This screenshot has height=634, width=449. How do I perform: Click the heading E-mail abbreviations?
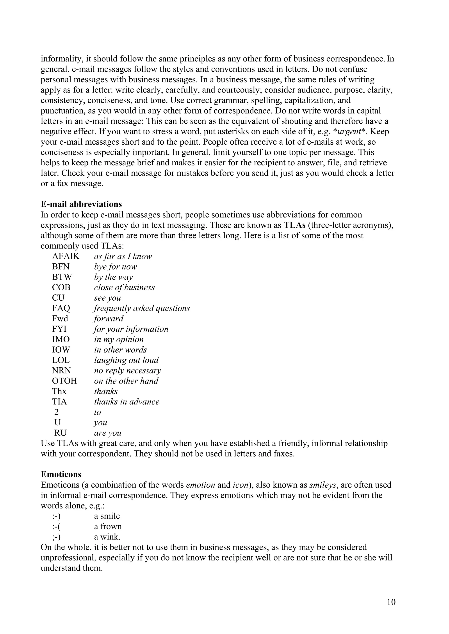pos(81,204)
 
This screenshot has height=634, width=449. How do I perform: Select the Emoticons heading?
pos(61,474)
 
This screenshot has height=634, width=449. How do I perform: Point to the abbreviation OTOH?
pos(64,381)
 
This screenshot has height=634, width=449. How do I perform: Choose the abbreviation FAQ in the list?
pos(61,308)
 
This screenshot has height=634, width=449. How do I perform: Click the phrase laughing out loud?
pos(126,360)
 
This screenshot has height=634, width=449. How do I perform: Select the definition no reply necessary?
pos(127,371)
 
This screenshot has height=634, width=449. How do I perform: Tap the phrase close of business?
pos(124,287)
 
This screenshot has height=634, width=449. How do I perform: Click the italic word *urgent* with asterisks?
pos(350,131)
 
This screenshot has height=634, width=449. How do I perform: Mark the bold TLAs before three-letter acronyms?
pos(295,225)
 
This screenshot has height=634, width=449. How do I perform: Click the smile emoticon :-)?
pos(56,516)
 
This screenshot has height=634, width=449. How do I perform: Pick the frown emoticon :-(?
pos(56,527)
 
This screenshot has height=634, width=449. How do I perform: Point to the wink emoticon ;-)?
pos(56,537)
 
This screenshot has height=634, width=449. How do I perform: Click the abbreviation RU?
pos(60,433)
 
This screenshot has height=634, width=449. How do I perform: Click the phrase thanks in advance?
pos(127,402)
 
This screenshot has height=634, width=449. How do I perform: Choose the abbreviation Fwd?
pos(60,319)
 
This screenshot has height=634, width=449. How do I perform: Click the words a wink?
pos(107,537)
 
